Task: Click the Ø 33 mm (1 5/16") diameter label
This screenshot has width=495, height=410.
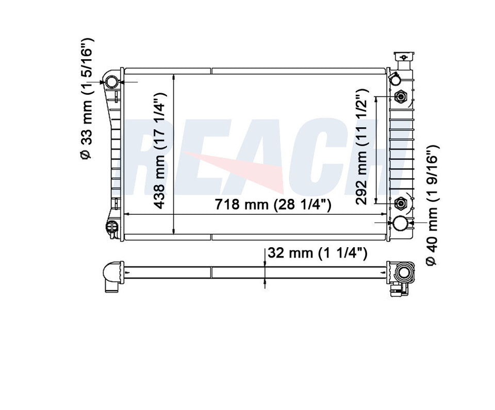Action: (x=87, y=98)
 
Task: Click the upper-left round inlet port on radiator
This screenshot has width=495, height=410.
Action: (x=112, y=82)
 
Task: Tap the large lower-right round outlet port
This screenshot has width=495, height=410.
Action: (x=401, y=223)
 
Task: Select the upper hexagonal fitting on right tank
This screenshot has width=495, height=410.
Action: (x=401, y=96)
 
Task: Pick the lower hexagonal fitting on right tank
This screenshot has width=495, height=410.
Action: (x=401, y=204)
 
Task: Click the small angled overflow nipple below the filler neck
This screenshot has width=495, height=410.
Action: (x=394, y=78)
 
